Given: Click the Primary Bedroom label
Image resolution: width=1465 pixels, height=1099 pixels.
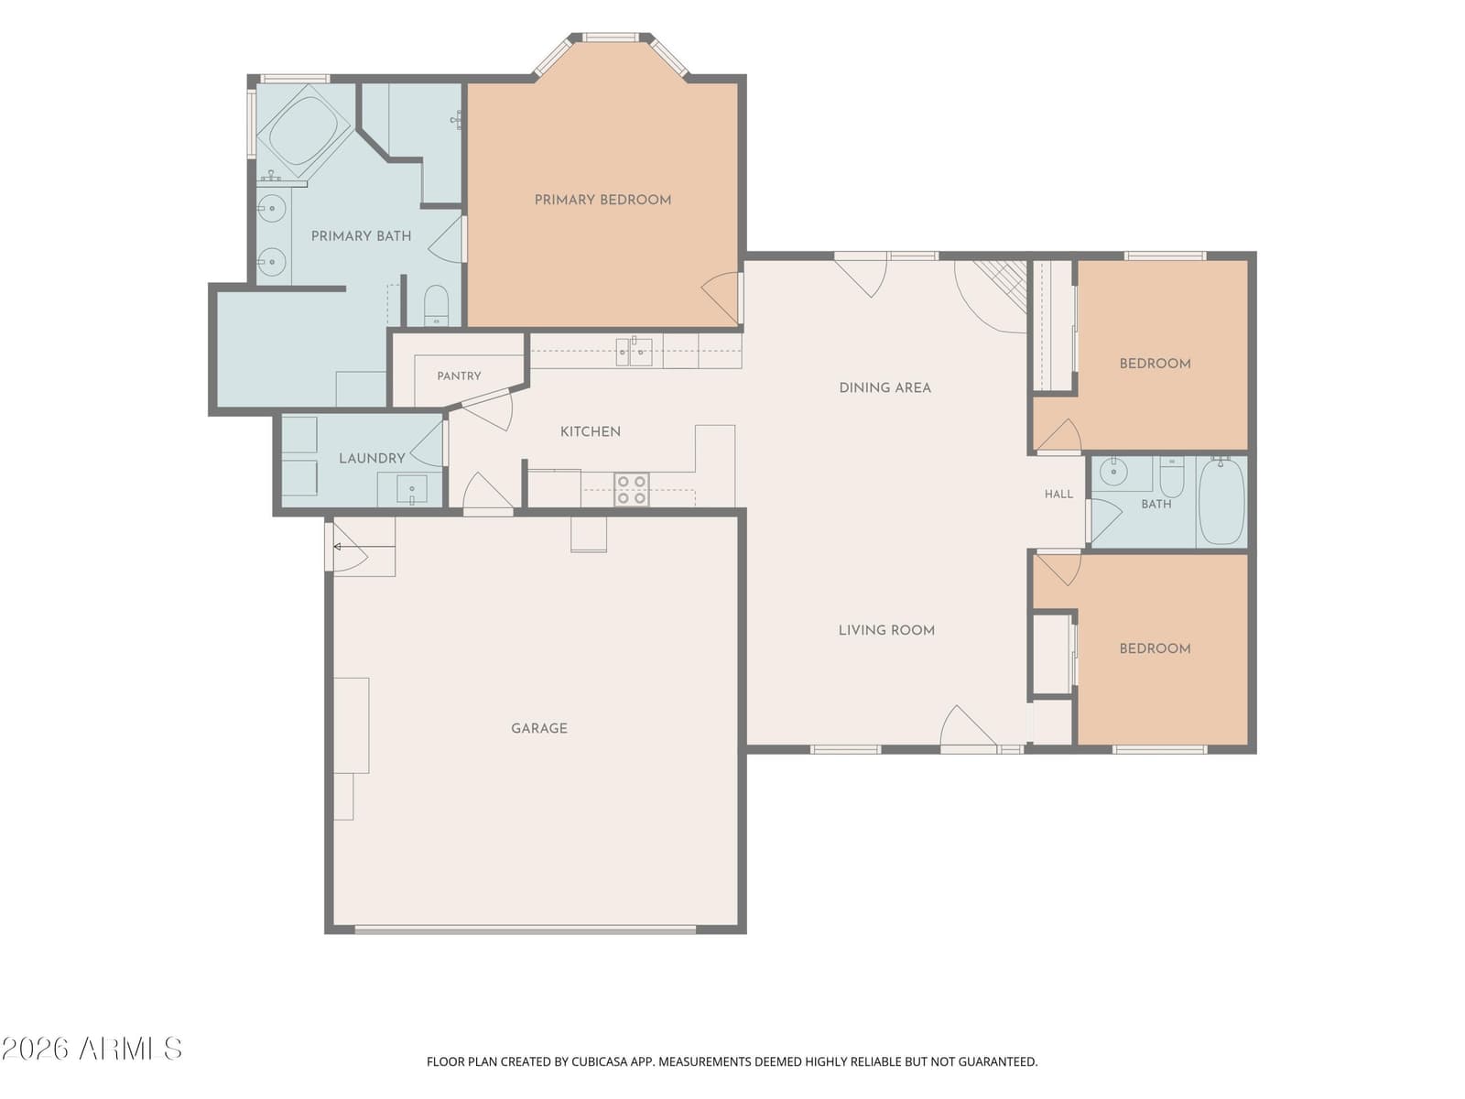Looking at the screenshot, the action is pyautogui.click(x=602, y=200).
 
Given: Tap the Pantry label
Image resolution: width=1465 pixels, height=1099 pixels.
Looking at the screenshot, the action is pyautogui.click(x=460, y=375).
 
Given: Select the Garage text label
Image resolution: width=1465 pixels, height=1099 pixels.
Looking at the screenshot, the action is pyautogui.click(x=539, y=728).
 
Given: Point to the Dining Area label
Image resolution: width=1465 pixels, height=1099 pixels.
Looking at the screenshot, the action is pyautogui.click(x=885, y=387).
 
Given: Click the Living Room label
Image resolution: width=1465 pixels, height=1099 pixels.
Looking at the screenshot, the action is pyautogui.click(x=886, y=630).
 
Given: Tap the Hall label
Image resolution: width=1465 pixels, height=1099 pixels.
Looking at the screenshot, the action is pyautogui.click(x=1058, y=494).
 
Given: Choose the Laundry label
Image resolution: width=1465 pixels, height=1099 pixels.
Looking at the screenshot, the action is pyautogui.click(x=372, y=459).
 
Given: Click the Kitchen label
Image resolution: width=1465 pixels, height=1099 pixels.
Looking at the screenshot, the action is pyautogui.click(x=591, y=431).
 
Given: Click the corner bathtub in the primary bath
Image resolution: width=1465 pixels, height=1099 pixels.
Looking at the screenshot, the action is pyautogui.click(x=304, y=130).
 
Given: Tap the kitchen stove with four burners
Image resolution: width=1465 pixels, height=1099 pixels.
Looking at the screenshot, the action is pyautogui.click(x=632, y=489).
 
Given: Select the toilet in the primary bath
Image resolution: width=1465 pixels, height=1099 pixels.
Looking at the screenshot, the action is pyautogui.click(x=437, y=306).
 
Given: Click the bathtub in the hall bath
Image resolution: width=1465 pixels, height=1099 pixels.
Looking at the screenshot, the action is pyautogui.click(x=1221, y=502).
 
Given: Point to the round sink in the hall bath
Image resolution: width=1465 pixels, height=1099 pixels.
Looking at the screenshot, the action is pyautogui.click(x=1112, y=473).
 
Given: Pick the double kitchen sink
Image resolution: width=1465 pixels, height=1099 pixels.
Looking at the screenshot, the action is pyautogui.click(x=634, y=353).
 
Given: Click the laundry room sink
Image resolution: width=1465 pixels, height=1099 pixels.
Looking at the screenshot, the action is pyautogui.click(x=412, y=489).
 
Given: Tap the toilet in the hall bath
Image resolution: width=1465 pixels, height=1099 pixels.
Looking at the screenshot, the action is pyautogui.click(x=1172, y=475).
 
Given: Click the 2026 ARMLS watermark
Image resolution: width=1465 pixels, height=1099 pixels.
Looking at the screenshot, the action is pyautogui.click(x=92, y=1049).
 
